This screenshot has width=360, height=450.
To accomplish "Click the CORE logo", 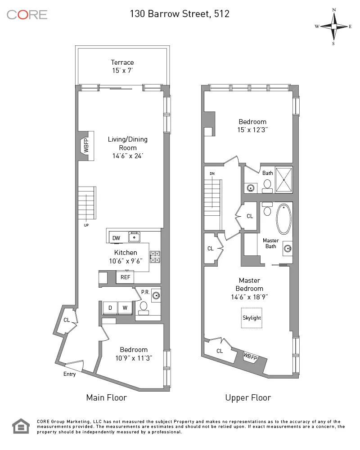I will (27, 14).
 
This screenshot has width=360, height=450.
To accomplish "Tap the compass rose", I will (333, 27).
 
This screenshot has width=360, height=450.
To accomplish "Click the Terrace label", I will (122, 62).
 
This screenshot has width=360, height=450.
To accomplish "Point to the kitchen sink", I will (135, 237).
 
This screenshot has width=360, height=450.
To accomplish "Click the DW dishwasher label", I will (116, 238).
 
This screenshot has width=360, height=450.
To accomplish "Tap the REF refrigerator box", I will (125, 277).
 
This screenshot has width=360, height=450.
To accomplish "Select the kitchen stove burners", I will (155, 257).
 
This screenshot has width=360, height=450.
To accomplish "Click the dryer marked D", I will (110, 308).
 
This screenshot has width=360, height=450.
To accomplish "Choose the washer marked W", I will (125, 308).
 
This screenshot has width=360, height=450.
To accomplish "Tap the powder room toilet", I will (144, 307).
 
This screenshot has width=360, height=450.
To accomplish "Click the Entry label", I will (70, 374).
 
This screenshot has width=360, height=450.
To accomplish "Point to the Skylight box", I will (252, 318).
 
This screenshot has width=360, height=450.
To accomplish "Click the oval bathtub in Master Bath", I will (283, 219).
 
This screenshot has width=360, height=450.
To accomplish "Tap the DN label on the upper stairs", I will (212, 173).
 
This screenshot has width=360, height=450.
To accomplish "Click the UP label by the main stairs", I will (86, 225).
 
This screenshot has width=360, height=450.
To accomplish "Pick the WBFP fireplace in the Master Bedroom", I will (251, 356).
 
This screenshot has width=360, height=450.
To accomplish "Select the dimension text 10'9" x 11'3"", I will (133, 358).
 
